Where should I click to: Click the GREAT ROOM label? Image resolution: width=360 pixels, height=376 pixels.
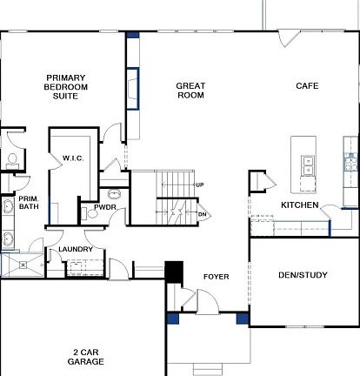coord(190,91)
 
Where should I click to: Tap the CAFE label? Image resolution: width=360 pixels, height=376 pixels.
coord(307,85)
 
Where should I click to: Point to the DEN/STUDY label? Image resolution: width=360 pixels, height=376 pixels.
coord(303,276)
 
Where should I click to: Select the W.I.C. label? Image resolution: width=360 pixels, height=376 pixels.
coord(72,158)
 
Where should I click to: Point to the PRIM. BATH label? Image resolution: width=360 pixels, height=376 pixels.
coord(29,203)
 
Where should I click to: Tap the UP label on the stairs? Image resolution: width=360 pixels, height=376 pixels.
coord(200,185)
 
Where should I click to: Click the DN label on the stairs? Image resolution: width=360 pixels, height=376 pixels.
coord(202,214)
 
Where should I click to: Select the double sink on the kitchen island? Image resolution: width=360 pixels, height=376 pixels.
coord(308,163)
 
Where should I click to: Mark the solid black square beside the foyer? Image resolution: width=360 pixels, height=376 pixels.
coord(174,272)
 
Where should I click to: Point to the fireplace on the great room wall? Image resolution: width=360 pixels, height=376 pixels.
coord(131,89)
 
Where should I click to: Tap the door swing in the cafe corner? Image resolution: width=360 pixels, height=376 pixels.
coord(290,39)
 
